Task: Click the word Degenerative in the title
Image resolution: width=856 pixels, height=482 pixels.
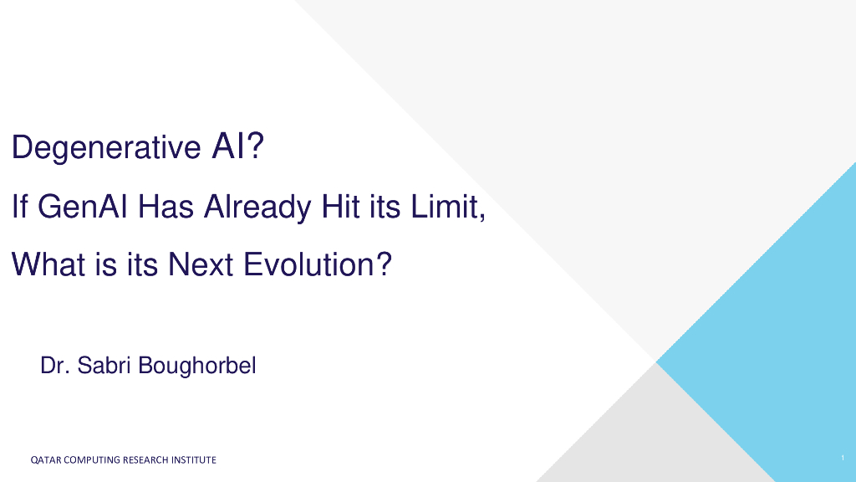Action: point(106,147)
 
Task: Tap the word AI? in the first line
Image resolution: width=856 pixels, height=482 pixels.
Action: point(238,146)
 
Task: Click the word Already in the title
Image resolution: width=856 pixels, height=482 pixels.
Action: point(257,208)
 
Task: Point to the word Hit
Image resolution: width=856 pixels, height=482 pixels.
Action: point(341,207)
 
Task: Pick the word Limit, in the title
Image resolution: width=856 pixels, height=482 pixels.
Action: point(448,208)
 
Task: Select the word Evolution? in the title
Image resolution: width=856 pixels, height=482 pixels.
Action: point(318,264)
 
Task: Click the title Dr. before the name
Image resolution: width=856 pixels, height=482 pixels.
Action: point(54,366)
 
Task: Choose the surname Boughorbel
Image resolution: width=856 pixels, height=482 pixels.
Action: point(197,367)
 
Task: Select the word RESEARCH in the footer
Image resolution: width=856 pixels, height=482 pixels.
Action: point(145,460)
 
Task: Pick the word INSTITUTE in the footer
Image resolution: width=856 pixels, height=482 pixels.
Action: point(194,460)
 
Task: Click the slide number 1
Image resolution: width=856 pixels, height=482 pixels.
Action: point(843,458)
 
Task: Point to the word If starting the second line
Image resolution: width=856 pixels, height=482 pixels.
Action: point(20,207)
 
